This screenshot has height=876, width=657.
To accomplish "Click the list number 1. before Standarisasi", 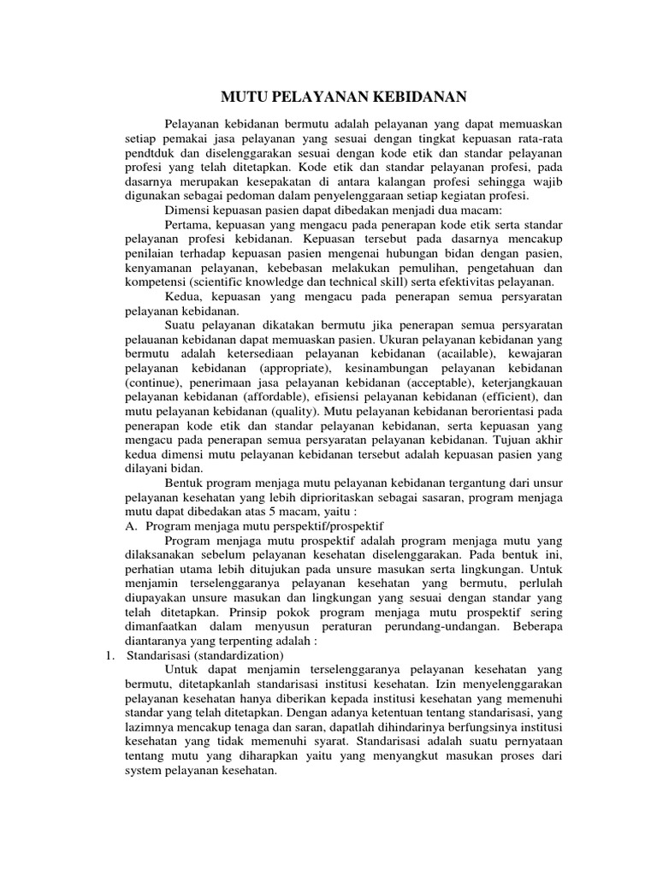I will click(x=109, y=655).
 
